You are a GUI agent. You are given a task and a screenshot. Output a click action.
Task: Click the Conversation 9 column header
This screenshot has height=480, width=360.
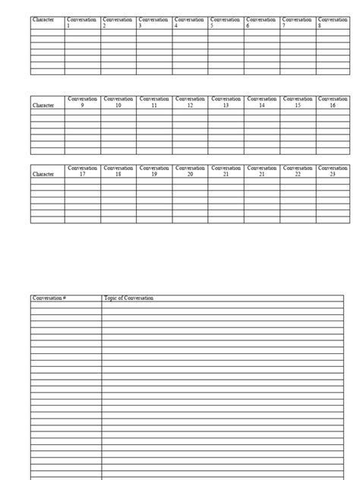pyautogui.click(x=82, y=102)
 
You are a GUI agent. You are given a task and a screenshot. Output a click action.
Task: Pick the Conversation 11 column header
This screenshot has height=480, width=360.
pyautogui.click(x=154, y=102)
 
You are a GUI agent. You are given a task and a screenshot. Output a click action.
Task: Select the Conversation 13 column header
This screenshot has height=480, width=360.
pyautogui.click(x=226, y=102)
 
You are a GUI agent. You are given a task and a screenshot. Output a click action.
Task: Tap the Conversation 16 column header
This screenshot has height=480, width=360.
pyautogui.click(x=333, y=102)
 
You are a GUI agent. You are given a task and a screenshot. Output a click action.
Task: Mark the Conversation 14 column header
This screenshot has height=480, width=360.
pyautogui.click(x=262, y=102)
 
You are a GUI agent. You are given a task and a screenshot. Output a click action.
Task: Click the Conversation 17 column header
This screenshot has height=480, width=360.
pyautogui.click(x=82, y=171)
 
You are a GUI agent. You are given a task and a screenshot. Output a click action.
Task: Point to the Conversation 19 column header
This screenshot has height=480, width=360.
pyautogui.click(x=154, y=171)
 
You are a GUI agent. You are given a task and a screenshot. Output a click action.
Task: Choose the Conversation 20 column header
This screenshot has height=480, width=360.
pyautogui.click(x=190, y=171)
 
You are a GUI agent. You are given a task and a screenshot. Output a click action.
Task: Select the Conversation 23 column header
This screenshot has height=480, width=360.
pyautogui.click(x=333, y=171)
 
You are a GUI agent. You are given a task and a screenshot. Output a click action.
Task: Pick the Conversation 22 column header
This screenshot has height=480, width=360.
pyautogui.click(x=298, y=171)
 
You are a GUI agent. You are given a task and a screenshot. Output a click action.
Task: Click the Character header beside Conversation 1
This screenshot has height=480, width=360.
pyautogui.click(x=43, y=19)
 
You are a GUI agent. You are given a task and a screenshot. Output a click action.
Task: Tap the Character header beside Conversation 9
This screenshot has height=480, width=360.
pyautogui.click(x=43, y=106)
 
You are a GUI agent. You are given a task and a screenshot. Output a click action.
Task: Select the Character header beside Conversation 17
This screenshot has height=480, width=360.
pyautogui.click(x=43, y=174)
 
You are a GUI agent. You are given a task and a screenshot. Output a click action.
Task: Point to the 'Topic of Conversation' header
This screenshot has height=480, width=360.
pyautogui.click(x=128, y=298)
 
